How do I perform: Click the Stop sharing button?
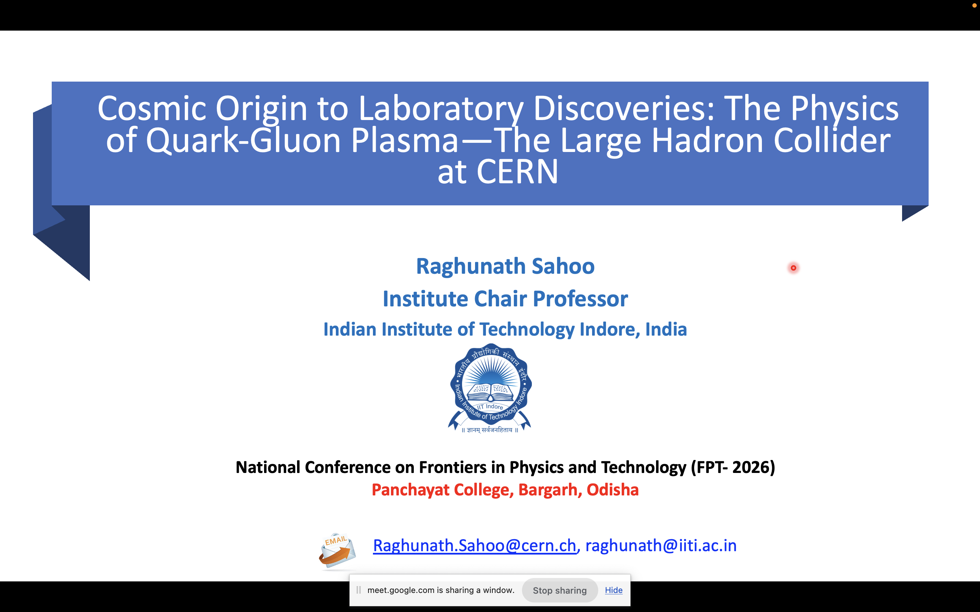[560, 590]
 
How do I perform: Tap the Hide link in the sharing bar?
[614, 590]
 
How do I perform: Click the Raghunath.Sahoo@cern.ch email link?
[474, 546]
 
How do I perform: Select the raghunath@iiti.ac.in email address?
[661, 546]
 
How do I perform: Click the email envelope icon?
[337, 550]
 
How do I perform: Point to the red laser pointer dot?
[793, 268]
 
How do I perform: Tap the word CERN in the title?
[517, 172]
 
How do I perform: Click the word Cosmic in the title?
[152, 108]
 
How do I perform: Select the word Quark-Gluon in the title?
[243, 140]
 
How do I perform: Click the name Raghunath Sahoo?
[505, 266]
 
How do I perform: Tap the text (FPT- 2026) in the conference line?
[733, 467]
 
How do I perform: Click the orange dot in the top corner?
[974, 5]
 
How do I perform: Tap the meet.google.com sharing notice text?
[441, 590]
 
